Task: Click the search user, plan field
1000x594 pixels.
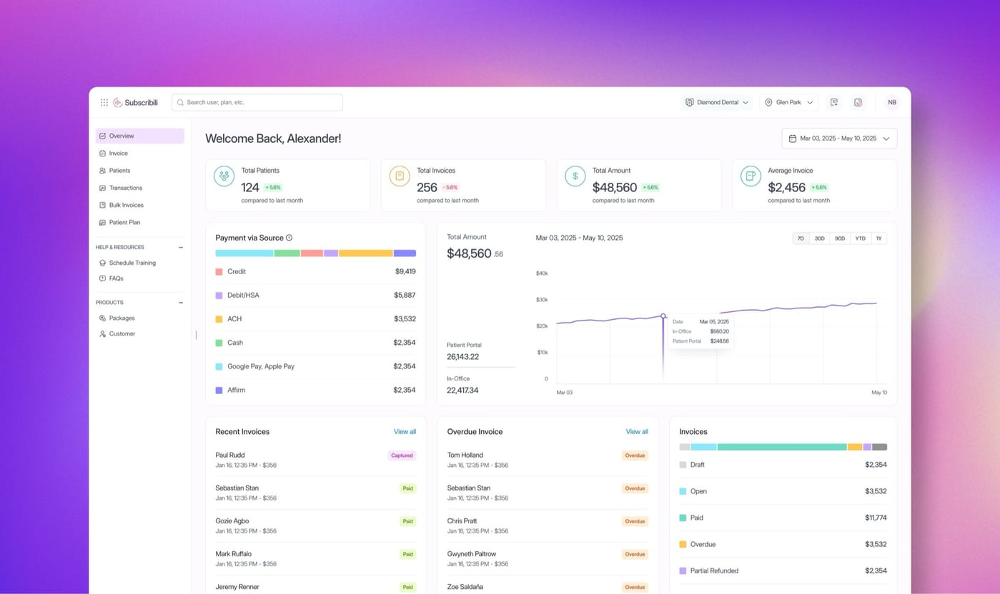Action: click(257, 102)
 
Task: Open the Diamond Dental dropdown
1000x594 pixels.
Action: click(716, 102)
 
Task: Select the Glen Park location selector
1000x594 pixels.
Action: click(789, 102)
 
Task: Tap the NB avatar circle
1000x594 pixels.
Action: click(892, 102)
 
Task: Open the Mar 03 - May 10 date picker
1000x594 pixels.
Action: click(839, 139)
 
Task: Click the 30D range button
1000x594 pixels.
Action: click(820, 238)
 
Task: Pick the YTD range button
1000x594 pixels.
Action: click(861, 238)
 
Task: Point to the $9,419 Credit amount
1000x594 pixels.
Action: click(405, 271)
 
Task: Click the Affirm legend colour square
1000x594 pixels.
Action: click(219, 391)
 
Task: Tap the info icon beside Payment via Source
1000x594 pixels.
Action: click(289, 238)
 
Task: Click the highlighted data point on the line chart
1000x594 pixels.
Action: click(663, 316)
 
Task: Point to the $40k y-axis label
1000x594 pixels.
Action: click(542, 273)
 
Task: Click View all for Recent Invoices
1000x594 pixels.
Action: click(405, 432)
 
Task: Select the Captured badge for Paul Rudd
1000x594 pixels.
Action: click(402, 455)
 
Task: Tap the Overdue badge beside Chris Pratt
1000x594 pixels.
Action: click(635, 521)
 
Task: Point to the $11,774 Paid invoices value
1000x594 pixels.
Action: click(876, 518)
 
